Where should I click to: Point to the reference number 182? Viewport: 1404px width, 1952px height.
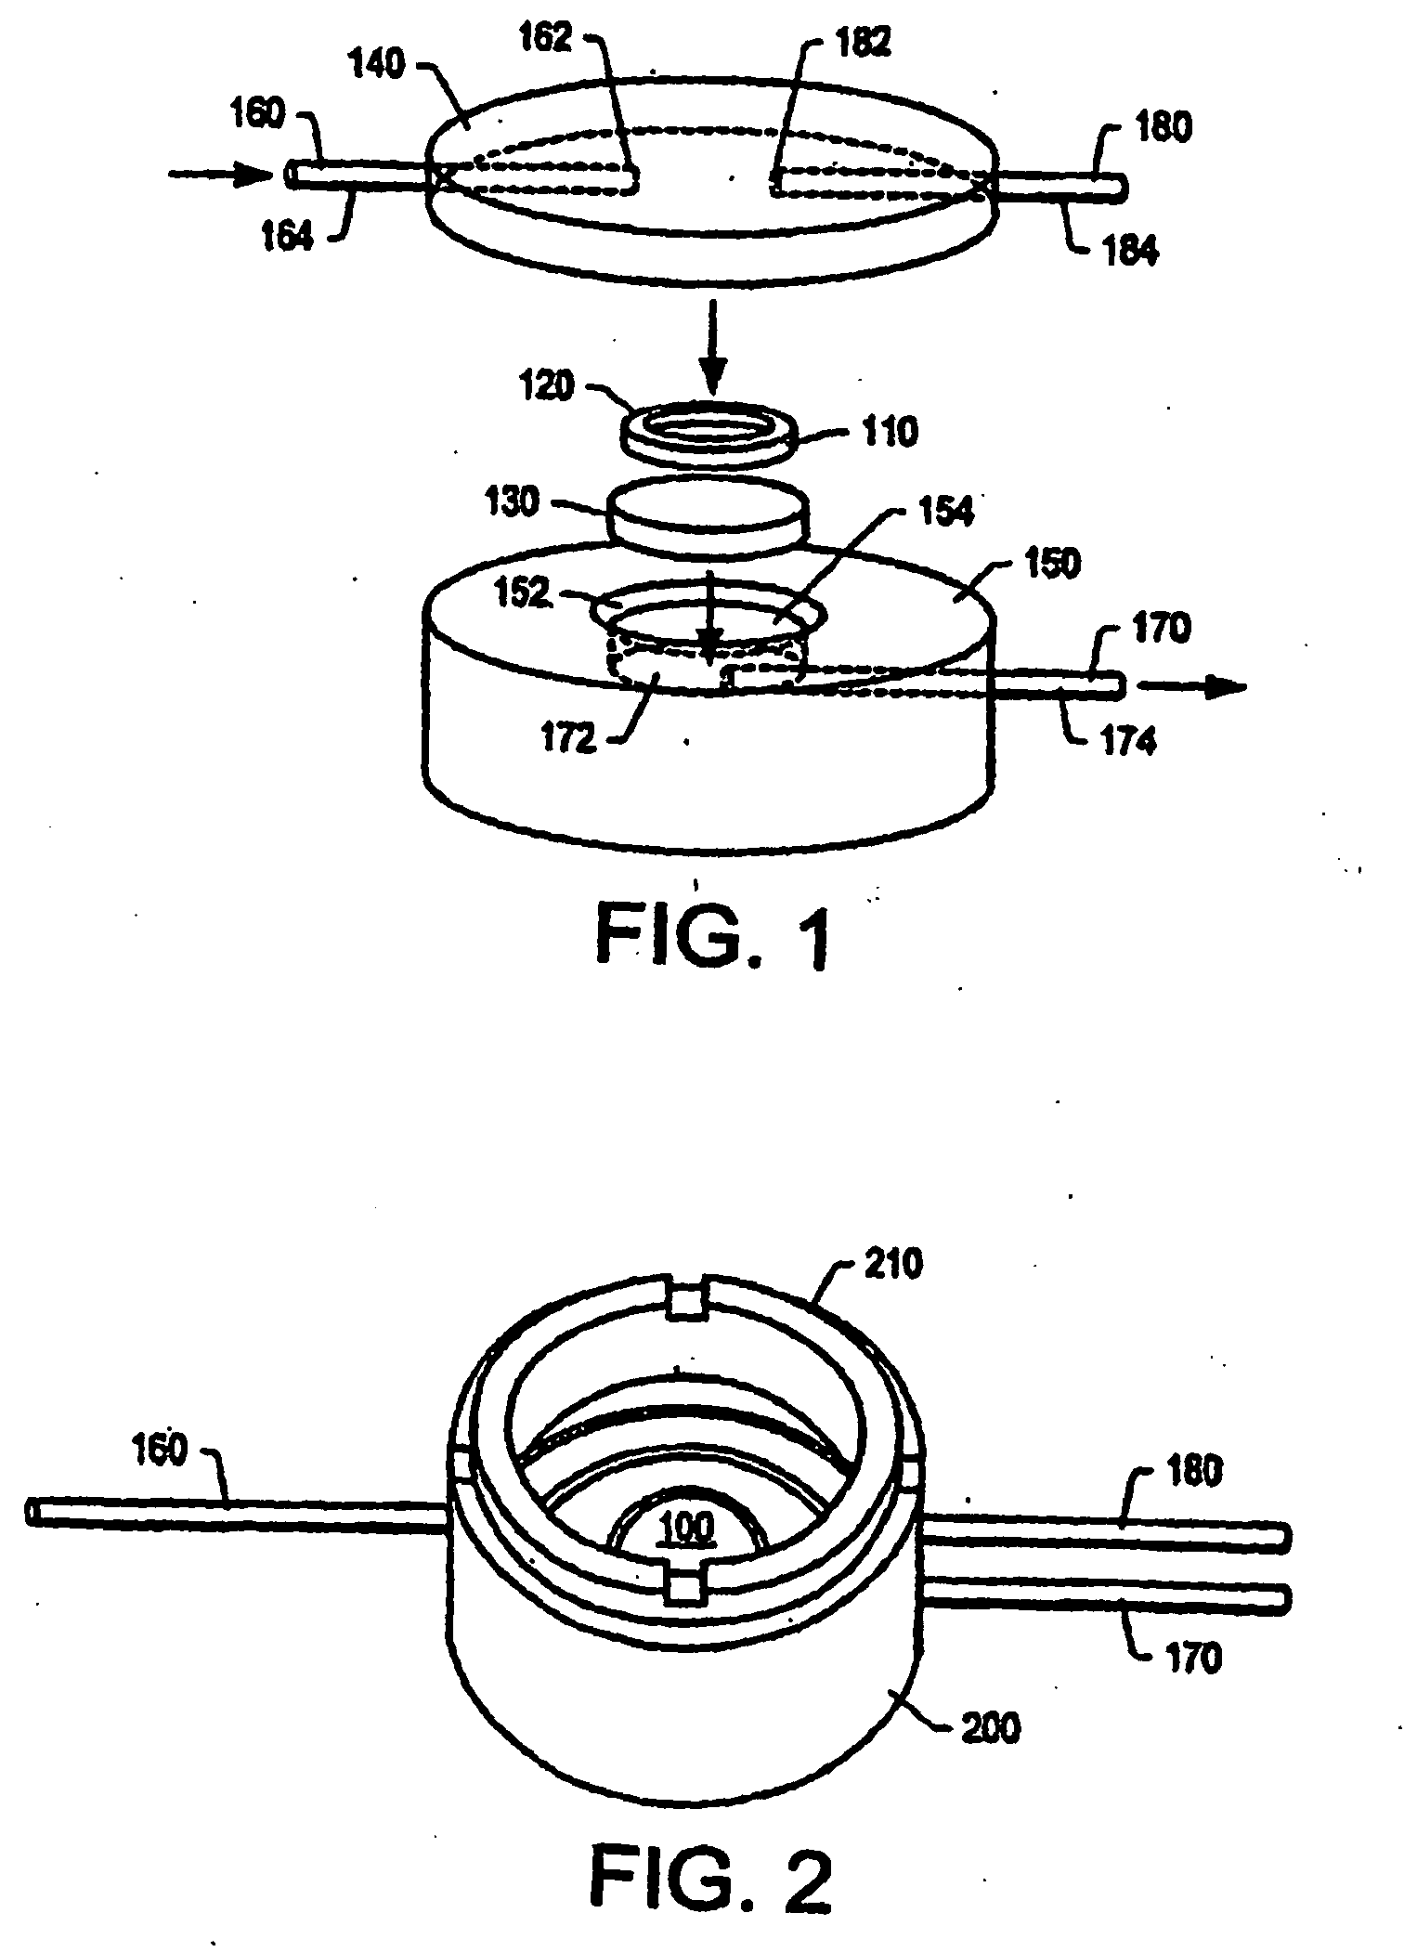tap(863, 45)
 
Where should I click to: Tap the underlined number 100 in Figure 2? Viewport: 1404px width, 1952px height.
tap(685, 1528)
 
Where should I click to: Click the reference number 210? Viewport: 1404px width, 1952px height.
tap(894, 1264)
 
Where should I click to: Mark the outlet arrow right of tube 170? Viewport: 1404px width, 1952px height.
tap(1192, 686)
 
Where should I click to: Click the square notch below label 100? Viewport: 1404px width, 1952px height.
tap(685, 1592)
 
